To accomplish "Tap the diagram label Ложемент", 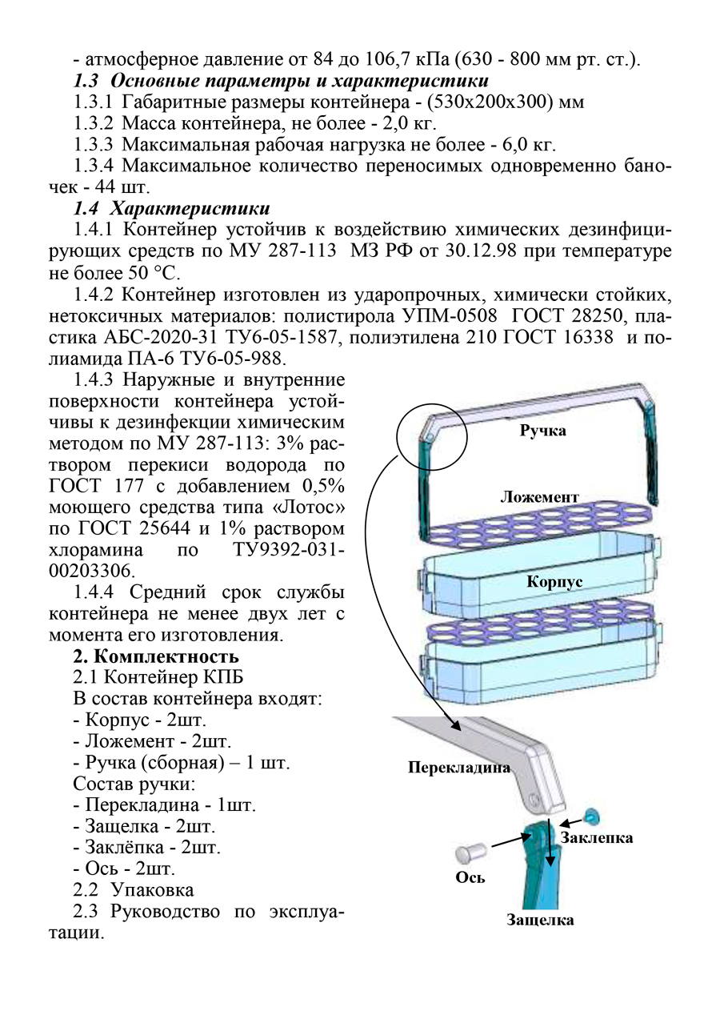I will pyautogui.click(x=539, y=497).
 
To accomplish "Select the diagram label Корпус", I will pyautogui.click(x=554, y=582).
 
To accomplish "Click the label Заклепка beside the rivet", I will pyautogui.click(x=597, y=837).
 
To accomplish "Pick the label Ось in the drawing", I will pyautogui.click(x=470, y=877).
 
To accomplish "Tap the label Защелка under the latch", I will pyautogui.click(x=540, y=920).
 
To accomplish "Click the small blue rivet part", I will pyautogui.click(x=593, y=816).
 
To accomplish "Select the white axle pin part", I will pyautogui.click(x=470, y=849).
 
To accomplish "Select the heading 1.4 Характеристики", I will pyautogui.click(x=171, y=210).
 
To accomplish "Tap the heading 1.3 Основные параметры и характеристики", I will pyautogui.click(x=281, y=81).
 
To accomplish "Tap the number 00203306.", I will pyautogui.click(x=92, y=571).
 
